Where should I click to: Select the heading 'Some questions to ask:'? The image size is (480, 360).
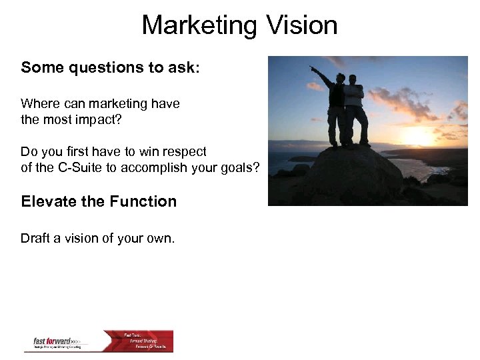(110, 67)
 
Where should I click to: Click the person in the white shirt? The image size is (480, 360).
(356, 110)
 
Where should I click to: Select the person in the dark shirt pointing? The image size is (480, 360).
(337, 110)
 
